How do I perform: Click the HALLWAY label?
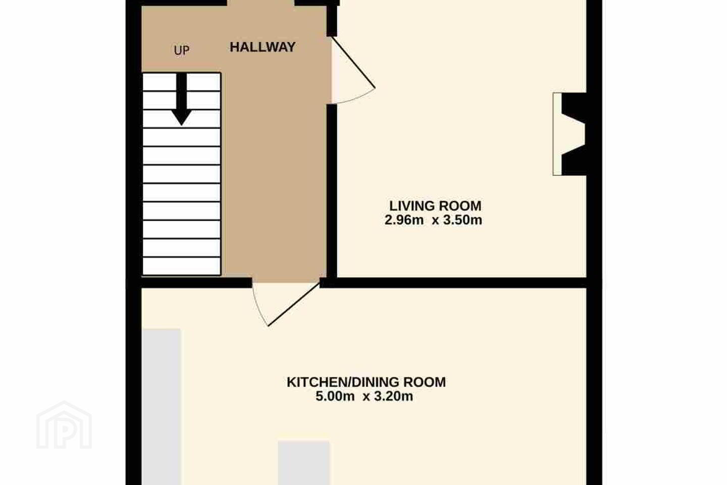263,47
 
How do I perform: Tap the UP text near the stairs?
182,51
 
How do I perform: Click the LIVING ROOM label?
435,206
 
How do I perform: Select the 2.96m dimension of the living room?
404,220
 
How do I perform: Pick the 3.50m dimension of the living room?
462,220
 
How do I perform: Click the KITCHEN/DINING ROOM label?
366,382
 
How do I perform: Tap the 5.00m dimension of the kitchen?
335,397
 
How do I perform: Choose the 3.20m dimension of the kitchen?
394,397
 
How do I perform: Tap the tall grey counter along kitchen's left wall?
162,407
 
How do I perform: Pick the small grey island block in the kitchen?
304,463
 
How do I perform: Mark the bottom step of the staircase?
182,266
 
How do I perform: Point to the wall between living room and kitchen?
453,282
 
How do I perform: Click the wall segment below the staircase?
197,282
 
